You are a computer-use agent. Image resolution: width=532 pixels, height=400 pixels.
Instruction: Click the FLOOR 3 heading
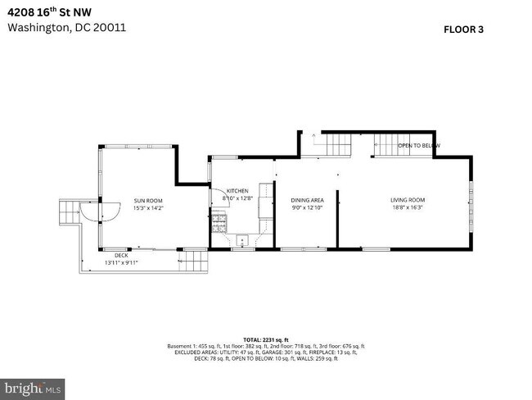pyautogui.click(x=464, y=30)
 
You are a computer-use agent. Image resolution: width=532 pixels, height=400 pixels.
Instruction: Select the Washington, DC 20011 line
pyautogui.click(x=66, y=26)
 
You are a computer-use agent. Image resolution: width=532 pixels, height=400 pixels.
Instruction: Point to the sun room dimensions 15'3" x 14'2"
pyautogui.click(x=148, y=208)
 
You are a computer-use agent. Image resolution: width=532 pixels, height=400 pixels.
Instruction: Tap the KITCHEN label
pyautogui.click(x=237, y=191)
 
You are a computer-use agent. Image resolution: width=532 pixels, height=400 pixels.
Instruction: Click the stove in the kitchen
pyautogui.click(x=219, y=220)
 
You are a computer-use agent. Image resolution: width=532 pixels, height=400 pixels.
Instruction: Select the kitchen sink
pyautogui.click(x=242, y=240)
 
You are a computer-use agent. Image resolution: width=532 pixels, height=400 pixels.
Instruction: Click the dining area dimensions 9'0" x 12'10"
pyautogui.click(x=307, y=208)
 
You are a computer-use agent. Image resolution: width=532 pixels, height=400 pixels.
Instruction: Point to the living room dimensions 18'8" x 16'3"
pyautogui.click(x=407, y=208)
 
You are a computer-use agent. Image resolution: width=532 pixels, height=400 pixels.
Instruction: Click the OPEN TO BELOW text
pyautogui.click(x=418, y=146)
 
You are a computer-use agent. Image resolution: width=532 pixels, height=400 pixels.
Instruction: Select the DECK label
pyautogui.click(x=121, y=256)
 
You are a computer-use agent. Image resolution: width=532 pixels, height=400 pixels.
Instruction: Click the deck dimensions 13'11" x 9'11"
pyautogui.click(x=121, y=263)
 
